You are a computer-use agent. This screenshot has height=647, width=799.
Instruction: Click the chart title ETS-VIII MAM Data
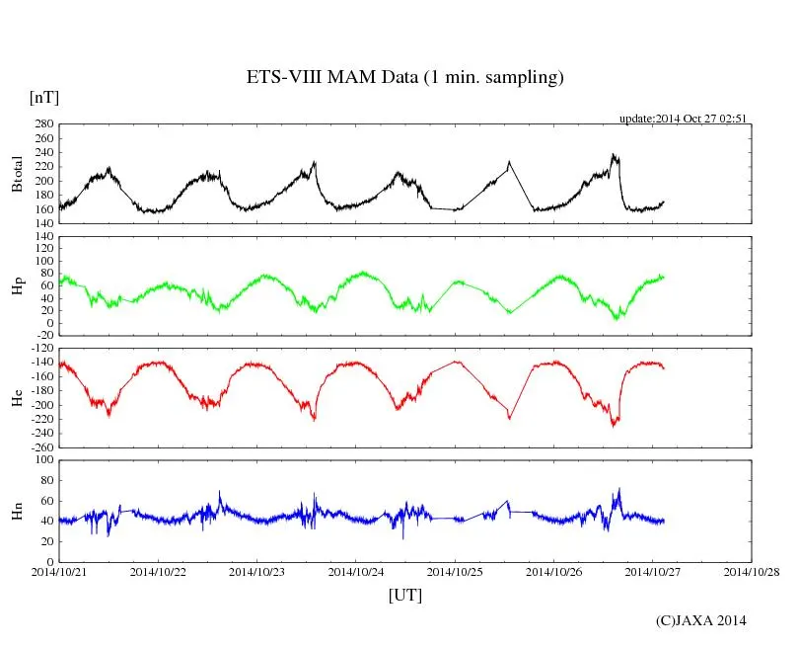(404, 78)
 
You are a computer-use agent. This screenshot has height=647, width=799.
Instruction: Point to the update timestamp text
(683, 119)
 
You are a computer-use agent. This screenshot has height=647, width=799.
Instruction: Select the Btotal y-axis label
(17, 173)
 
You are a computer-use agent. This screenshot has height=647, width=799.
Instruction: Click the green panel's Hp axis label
(17, 286)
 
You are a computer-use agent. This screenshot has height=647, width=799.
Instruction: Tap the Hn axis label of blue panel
(17, 511)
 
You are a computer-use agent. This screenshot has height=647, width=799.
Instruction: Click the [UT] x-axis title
(404, 595)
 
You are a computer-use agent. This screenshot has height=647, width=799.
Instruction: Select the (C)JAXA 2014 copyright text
(701, 620)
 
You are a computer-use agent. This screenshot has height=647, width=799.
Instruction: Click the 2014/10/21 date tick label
(59, 571)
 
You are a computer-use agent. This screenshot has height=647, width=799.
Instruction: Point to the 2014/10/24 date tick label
(356, 571)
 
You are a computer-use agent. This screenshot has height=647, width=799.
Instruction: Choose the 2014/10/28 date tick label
(752, 571)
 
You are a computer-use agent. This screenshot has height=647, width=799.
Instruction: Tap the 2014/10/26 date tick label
(554, 571)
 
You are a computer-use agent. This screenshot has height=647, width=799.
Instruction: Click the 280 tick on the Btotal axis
(45, 124)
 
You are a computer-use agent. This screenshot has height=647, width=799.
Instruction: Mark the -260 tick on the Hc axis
(42, 446)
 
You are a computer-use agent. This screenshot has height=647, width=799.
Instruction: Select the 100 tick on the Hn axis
(45, 459)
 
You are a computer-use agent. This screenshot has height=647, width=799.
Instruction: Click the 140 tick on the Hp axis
(45, 237)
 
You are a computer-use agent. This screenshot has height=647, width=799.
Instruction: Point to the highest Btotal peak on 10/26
(614, 154)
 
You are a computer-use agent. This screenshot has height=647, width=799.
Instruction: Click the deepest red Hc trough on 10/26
(614, 426)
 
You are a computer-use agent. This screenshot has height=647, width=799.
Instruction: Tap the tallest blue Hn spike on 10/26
(619, 488)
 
